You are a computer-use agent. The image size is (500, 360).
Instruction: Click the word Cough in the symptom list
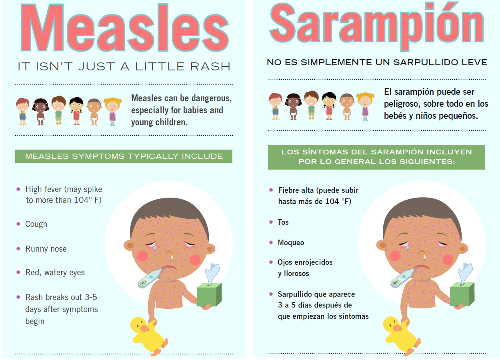point(36,224)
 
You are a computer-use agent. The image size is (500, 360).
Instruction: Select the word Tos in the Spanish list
point(283,222)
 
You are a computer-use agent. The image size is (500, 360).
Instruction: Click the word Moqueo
point(291,243)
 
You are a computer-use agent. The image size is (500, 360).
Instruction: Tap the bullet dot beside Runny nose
point(18,248)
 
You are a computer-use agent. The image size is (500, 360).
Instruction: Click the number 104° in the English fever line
point(83,200)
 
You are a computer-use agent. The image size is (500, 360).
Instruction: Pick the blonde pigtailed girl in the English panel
point(112,111)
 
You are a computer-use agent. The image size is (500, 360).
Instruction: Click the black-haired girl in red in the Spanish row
point(329,106)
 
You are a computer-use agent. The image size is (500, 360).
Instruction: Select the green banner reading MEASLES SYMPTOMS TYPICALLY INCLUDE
point(124,156)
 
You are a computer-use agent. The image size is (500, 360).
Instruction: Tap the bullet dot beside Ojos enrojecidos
point(271,262)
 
